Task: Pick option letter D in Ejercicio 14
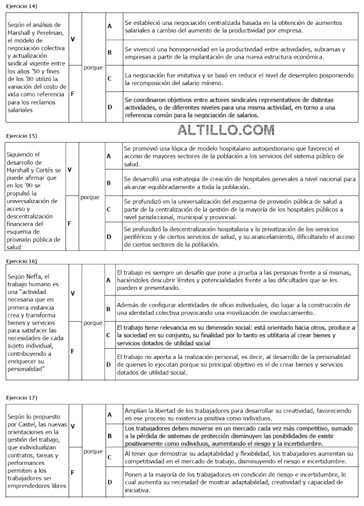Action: coord(110,108)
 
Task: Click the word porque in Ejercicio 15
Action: coord(90,197)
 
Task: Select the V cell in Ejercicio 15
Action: coord(70,169)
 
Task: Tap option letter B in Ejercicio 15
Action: coord(109,183)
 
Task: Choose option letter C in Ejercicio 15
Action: coord(109,209)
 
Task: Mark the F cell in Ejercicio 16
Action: coord(72,351)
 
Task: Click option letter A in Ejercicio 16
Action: coord(108,280)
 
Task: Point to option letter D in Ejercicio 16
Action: coord(108,364)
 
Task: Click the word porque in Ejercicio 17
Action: coord(93,451)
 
